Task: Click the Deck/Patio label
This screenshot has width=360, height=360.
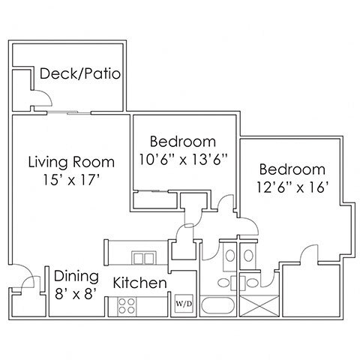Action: point(80,74)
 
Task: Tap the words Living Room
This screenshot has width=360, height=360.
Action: point(71,162)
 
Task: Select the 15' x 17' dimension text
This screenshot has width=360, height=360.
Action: point(71,180)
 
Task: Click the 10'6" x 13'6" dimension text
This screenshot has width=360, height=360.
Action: point(183,159)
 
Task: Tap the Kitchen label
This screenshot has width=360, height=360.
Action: point(139,283)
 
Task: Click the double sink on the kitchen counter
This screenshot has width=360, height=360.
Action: point(139,258)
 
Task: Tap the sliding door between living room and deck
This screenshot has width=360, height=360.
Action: point(69,114)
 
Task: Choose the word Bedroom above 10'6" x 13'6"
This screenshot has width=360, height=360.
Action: point(183,141)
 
